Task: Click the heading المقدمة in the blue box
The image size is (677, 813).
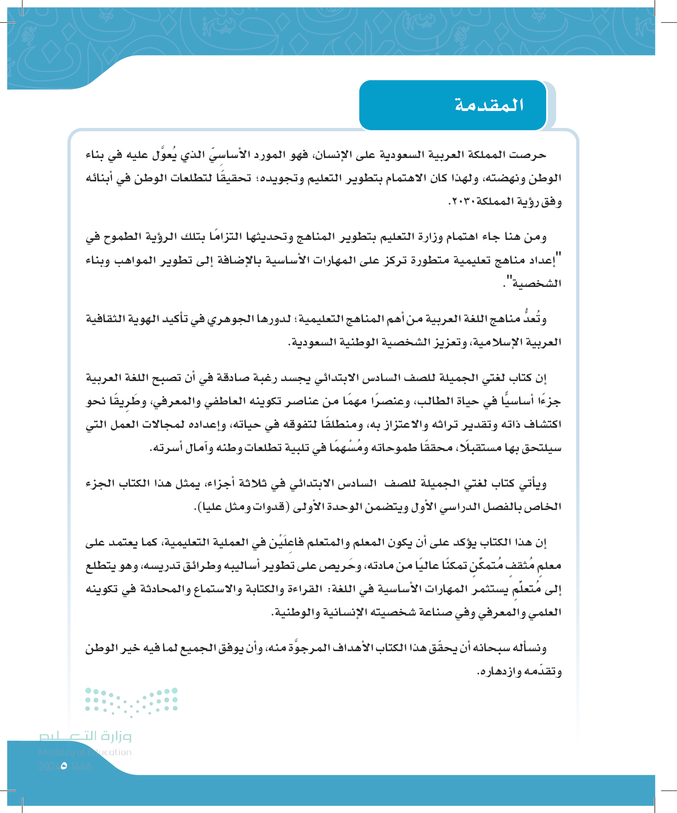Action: pos(489,105)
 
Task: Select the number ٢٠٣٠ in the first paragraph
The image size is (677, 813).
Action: pos(461,202)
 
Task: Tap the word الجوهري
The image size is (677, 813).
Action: pos(229,319)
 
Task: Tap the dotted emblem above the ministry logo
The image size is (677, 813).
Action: pos(131,701)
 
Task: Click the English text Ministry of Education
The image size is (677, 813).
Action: pos(85,752)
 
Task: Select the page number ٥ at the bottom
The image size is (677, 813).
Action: pos(64,766)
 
